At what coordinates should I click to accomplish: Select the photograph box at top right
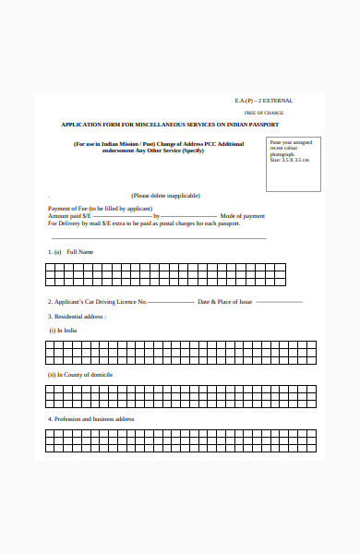[x=293, y=165]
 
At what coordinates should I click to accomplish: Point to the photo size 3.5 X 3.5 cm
[x=289, y=160]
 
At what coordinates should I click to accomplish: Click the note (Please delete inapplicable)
[x=165, y=196]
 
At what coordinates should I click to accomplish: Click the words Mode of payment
[x=243, y=216]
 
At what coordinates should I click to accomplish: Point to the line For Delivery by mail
[x=144, y=223]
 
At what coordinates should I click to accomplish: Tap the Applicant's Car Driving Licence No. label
[x=97, y=302]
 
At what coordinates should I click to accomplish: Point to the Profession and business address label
[x=91, y=419]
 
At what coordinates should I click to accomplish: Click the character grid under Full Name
[x=165, y=274]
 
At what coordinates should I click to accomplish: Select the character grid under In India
[x=180, y=352]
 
